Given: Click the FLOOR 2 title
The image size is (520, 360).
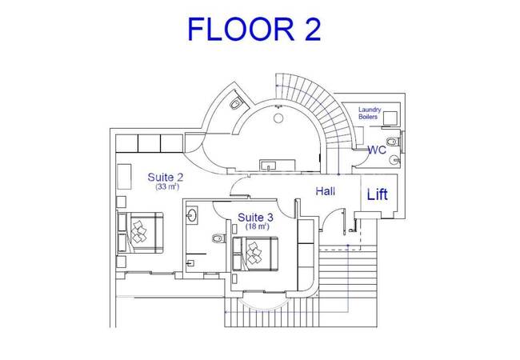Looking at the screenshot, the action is [254, 29].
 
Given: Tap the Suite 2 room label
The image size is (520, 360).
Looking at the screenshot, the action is [165, 178].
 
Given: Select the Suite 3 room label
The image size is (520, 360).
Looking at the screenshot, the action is [256, 218].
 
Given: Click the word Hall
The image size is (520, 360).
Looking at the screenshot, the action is [325, 191].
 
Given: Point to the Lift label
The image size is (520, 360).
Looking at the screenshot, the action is [378, 194].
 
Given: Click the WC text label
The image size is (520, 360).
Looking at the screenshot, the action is [377, 150].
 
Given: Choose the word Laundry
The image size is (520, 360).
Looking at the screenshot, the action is [370, 110].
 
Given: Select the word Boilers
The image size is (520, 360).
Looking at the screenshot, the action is [368, 117].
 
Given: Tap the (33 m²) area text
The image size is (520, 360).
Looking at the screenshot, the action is [167, 186].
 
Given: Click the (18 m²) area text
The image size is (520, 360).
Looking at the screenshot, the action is [257, 226].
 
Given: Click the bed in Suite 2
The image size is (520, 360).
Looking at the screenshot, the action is [140, 233].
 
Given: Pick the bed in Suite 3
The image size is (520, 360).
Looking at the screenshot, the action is [255, 254].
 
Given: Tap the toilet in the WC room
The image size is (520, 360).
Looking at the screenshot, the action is [394, 142].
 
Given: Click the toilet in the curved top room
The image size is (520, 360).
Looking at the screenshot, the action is [236, 104].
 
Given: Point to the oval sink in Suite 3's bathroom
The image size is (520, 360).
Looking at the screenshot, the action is [192, 215].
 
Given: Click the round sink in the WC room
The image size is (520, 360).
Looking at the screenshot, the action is [394, 160].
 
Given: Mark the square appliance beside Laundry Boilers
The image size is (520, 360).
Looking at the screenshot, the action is [390, 118].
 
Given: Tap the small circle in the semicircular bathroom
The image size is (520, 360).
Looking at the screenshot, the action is [278, 118].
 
